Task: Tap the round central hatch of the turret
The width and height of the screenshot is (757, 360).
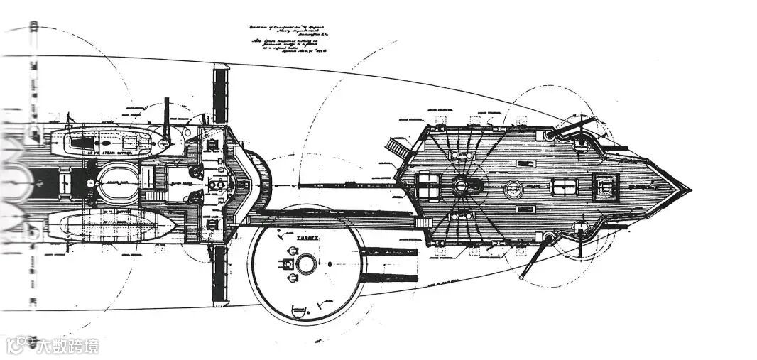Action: click(306, 264)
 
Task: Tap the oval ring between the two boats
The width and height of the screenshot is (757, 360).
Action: click(114, 183)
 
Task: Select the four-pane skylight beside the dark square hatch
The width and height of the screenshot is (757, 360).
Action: click(565, 187)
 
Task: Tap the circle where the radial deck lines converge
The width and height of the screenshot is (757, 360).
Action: click(462, 187)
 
